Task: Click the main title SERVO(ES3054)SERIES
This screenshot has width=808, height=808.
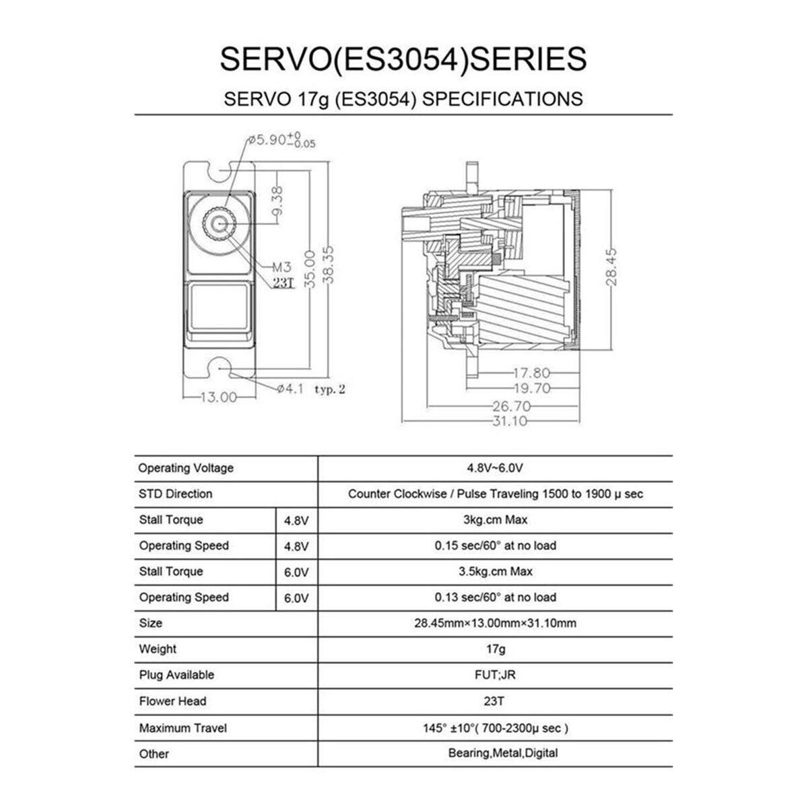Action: point(403,59)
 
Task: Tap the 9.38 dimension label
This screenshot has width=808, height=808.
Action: point(277,201)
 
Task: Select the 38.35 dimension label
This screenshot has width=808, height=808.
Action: point(329,265)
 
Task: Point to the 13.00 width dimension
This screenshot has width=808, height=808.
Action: point(219,397)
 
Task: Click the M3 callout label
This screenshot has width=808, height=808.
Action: point(281,267)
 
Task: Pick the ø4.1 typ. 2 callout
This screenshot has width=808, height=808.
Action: point(311,389)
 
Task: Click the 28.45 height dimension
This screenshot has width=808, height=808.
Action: point(611,267)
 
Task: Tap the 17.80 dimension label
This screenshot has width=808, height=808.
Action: point(532,373)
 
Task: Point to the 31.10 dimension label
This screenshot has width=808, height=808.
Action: point(510,421)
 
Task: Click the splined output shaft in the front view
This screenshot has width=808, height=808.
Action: point(219,224)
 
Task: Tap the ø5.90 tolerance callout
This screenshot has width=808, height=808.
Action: point(281,140)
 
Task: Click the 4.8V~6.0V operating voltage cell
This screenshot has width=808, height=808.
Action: point(495,468)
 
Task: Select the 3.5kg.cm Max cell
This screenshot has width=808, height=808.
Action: point(495,572)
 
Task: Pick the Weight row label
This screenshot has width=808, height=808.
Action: point(158,649)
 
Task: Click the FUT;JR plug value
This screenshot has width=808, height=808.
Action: point(495,675)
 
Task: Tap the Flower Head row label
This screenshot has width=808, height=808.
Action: point(173,701)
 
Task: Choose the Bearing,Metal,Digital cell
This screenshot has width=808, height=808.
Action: point(503,753)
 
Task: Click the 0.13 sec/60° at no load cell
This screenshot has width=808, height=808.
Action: point(495,597)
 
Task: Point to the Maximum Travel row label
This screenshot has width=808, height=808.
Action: point(183,728)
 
